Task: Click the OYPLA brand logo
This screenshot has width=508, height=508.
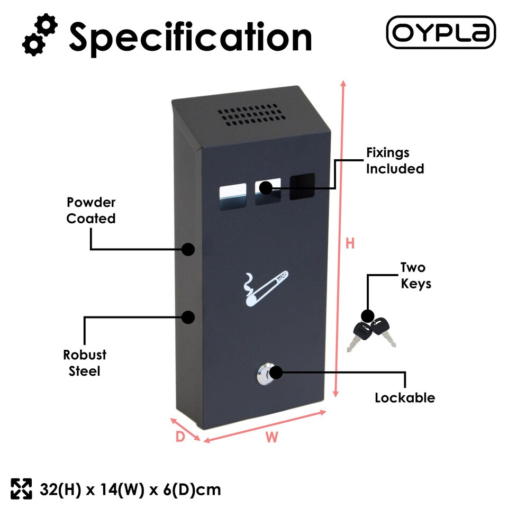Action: click(x=441, y=32)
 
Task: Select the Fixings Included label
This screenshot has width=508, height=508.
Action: click(x=395, y=161)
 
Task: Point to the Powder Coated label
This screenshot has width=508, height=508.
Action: click(x=91, y=210)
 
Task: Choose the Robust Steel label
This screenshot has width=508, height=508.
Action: click(x=85, y=362)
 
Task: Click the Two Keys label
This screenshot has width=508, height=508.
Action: click(x=415, y=275)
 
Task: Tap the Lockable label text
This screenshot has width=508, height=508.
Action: click(x=405, y=397)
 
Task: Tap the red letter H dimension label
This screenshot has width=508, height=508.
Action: click(x=350, y=243)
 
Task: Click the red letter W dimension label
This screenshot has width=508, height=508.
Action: click(x=271, y=437)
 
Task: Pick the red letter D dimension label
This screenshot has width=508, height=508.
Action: click(x=180, y=437)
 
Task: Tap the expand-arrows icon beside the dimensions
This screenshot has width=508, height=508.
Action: click(x=22, y=489)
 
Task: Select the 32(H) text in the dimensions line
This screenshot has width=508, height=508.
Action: click(x=59, y=489)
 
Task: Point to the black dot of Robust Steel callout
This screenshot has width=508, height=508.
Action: click(x=188, y=317)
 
